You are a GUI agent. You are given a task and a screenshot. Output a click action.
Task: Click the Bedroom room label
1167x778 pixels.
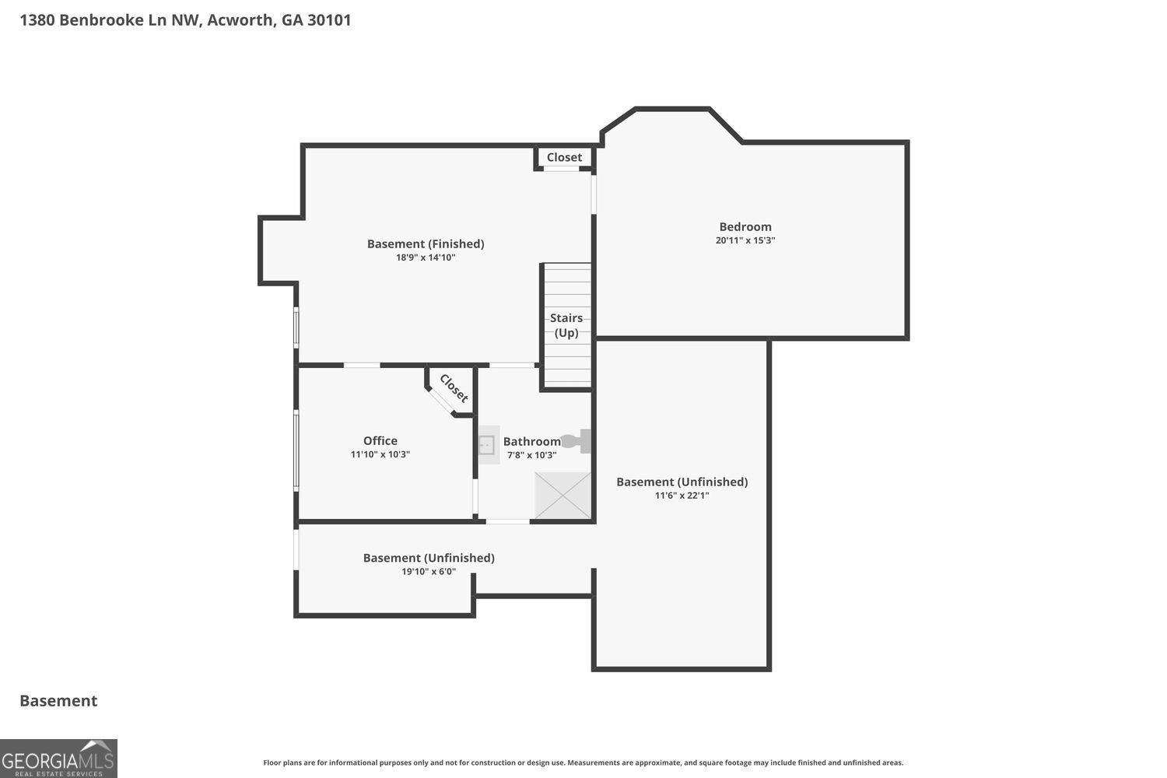tap(745, 227)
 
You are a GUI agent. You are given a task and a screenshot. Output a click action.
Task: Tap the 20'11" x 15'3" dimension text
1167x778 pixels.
tap(745, 240)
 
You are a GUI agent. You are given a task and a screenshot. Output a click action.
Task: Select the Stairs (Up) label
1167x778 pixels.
tap(566, 325)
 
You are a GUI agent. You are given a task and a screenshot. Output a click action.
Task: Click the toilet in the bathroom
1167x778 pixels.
tap(576, 441)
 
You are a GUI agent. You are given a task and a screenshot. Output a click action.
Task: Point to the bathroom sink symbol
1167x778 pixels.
tap(488, 445)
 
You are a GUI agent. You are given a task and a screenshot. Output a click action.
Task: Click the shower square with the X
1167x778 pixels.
tap(563, 496)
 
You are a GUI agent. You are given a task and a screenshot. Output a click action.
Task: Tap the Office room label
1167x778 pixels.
tap(380, 441)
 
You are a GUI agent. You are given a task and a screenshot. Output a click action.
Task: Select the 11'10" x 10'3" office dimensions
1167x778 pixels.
tap(380, 454)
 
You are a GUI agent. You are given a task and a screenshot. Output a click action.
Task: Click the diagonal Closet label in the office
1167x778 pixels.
tap(454, 388)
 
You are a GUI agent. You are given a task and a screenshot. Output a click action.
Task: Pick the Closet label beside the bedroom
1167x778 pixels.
tap(564, 157)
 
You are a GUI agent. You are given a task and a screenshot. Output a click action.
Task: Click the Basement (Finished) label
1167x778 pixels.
tap(426, 244)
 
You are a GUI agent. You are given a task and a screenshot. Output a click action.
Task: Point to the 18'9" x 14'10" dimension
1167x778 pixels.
tap(426, 258)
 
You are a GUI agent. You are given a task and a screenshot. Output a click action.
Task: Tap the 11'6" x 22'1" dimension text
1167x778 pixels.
tap(682, 496)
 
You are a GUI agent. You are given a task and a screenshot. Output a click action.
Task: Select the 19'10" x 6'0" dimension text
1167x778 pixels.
tap(429, 572)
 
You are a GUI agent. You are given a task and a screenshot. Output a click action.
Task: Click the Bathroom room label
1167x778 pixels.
tap(532, 442)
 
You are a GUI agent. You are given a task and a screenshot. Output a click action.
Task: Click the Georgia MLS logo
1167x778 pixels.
tap(58, 759)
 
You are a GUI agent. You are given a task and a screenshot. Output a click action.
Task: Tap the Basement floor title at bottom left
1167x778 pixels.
tap(58, 701)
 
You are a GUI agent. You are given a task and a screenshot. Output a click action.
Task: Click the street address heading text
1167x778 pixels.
tap(185, 20)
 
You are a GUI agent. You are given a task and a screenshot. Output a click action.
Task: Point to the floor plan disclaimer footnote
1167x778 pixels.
tap(583, 763)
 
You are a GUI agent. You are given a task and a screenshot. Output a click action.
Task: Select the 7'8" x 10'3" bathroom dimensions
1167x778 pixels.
tap(532, 455)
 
